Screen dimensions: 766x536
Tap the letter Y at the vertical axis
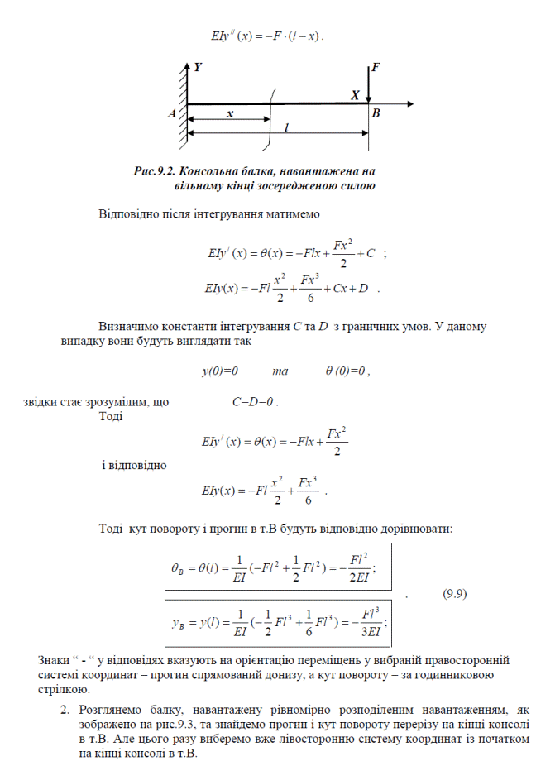pyautogui.click(x=197, y=65)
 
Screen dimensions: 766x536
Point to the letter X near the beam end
pyautogui.click(x=355, y=95)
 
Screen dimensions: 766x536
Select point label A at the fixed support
pyautogui.click(x=172, y=115)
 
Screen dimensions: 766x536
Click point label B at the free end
pyautogui.click(x=376, y=114)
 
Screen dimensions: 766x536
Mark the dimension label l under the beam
pyautogui.click(x=286, y=127)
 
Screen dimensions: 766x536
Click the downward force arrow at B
pyautogui.click(x=369, y=83)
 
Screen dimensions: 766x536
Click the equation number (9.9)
pyautogui.click(x=457, y=593)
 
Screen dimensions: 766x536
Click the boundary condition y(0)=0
pyautogui.click(x=220, y=371)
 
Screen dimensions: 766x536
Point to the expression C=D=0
pyautogui.click(x=256, y=402)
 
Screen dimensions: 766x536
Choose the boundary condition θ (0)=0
pyautogui.click(x=347, y=371)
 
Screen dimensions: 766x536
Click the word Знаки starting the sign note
pyautogui.click(x=55, y=659)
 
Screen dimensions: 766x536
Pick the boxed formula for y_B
pyautogui.click(x=278, y=618)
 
